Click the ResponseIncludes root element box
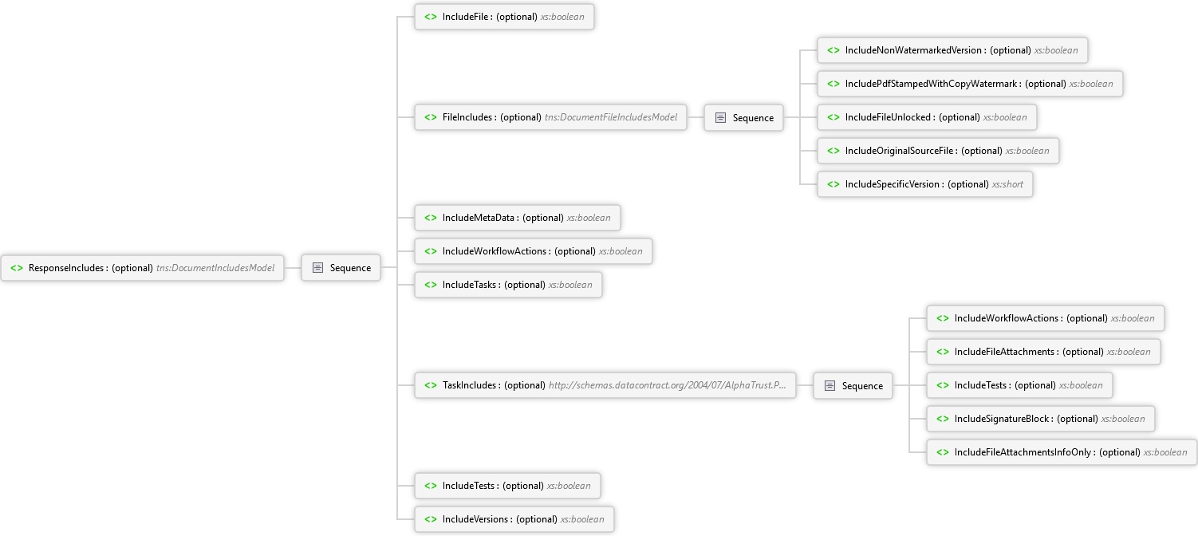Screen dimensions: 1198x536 tap(142, 268)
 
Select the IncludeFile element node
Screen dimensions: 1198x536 tap(504, 17)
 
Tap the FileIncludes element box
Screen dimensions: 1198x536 tap(551, 117)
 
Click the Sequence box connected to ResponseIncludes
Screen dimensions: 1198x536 tap(341, 268)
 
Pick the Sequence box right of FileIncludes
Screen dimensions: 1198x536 tap(743, 118)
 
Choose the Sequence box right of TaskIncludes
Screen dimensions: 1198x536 tap(853, 386)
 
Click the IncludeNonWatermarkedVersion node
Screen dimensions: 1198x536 tap(952, 50)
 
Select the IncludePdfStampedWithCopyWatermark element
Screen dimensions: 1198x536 tap(970, 84)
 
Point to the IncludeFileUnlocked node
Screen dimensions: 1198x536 tap(927, 117)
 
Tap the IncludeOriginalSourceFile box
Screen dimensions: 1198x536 tap(938, 151)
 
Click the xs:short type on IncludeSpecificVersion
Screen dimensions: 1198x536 tap(1007, 184)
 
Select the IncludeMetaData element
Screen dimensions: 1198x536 tap(518, 218)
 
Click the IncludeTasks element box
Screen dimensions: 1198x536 tap(509, 285)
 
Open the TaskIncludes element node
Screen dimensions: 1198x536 tap(605, 385)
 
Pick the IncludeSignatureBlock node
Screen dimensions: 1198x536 tap(1041, 419)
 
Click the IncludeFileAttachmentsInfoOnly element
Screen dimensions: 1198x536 tap(1062, 452)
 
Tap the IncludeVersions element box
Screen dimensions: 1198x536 tap(514, 519)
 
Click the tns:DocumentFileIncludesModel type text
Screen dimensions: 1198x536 tap(611, 117)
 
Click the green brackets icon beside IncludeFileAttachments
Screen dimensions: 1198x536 tap(943, 352)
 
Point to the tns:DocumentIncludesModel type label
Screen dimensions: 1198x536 tap(215, 268)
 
